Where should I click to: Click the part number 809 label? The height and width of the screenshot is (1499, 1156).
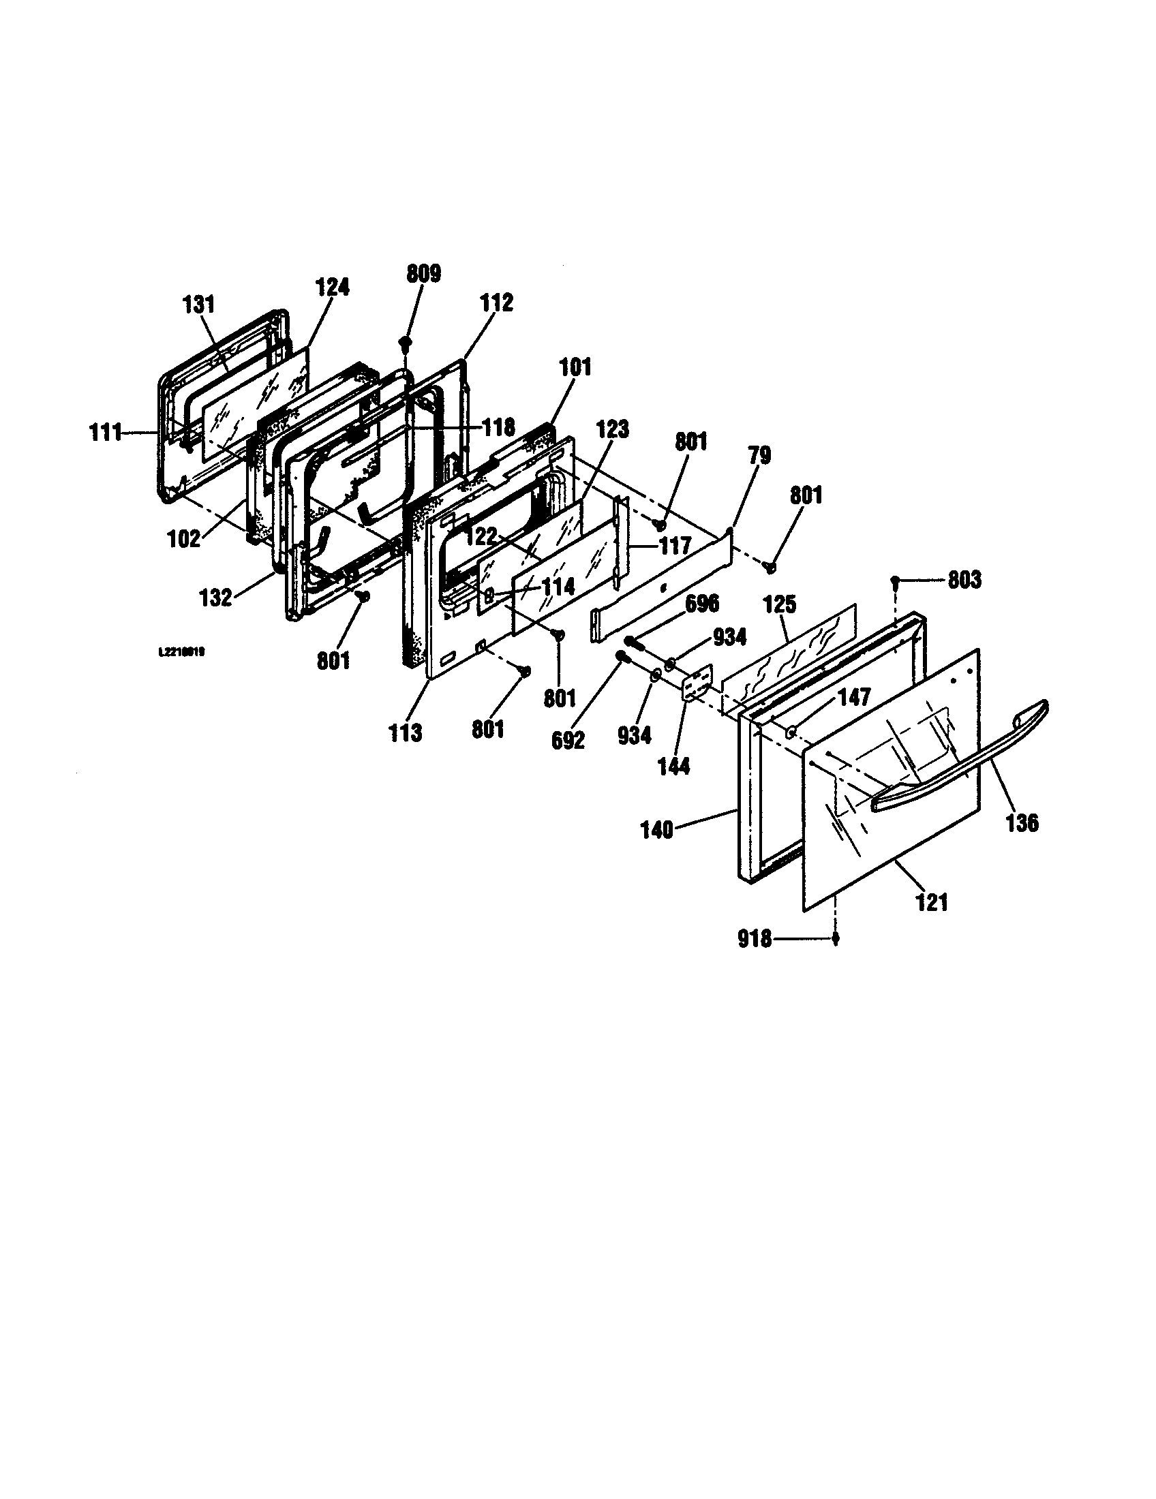click(x=423, y=274)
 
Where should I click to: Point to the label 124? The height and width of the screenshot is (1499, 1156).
click(x=332, y=287)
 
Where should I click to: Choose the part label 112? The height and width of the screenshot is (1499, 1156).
click(x=496, y=303)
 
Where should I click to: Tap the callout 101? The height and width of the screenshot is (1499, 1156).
click(x=575, y=367)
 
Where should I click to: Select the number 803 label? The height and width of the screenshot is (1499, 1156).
click(x=964, y=580)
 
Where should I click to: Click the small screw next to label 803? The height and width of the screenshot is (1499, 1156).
click(x=896, y=581)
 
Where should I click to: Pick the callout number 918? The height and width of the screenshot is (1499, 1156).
click(x=755, y=938)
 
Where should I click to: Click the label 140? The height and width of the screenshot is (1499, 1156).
click(x=658, y=831)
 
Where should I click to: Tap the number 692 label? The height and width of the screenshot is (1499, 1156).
click(x=568, y=740)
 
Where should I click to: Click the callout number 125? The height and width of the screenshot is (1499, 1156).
click(x=780, y=604)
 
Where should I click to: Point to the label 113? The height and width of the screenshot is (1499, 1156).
click(x=405, y=733)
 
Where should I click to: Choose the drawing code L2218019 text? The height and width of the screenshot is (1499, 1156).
click(x=181, y=653)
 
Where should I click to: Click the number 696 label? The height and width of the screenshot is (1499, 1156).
click(x=701, y=604)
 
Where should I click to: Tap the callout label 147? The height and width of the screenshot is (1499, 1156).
click(x=853, y=698)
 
